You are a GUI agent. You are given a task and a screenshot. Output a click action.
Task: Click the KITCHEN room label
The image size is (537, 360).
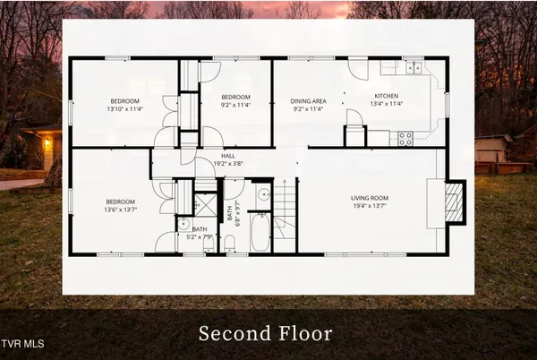point(386,96)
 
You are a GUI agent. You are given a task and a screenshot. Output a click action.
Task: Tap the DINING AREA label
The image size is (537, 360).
point(309,101)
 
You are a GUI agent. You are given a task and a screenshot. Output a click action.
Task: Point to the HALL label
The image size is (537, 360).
point(228,156)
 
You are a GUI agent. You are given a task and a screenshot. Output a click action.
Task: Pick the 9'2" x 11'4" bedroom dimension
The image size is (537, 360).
point(234,104)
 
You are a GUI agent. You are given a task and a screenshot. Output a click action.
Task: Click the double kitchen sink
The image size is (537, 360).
point(413,67)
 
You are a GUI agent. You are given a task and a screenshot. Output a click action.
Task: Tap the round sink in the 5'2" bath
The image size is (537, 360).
point(182,226)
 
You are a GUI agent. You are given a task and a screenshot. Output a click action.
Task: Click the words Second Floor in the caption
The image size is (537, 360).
point(265,334)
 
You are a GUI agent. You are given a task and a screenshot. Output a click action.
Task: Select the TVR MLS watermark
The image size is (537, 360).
point(24,343)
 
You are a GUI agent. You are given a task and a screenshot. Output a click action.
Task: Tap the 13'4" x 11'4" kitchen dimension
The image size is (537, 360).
point(386,104)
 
